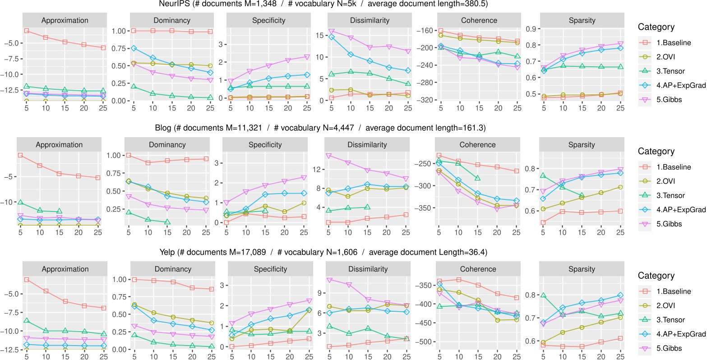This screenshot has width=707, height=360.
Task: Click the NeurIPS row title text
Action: click(x=323, y=4)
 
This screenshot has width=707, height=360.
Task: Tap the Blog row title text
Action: click(x=320, y=128)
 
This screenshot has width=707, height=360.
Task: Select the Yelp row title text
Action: click(x=323, y=252)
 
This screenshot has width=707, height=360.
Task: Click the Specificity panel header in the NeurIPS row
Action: click(x=268, y=20)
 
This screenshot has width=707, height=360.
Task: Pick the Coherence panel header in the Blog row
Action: click(x=477, y=145)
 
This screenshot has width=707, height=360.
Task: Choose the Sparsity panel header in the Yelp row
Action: click(x=582, y=269)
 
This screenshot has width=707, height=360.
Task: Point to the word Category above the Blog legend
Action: click(x=656, y=152)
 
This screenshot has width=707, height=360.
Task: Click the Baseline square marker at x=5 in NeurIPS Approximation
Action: click(x=27, y=31)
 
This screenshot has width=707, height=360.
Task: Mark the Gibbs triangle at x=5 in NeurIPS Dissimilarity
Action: click(x=332, y=31)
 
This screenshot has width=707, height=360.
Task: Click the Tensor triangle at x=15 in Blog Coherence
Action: click(x=477, y=178)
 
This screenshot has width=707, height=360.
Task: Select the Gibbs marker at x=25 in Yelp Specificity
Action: click(x=309, y=301)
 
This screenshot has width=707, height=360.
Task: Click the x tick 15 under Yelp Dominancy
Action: click(x=173, y=357)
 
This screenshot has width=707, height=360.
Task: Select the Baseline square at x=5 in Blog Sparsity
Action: click(x=543, y=222)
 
